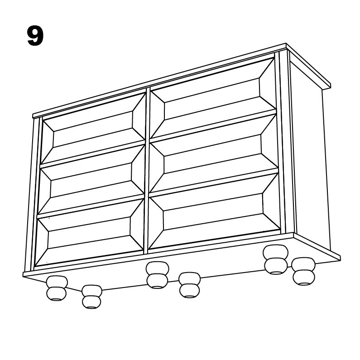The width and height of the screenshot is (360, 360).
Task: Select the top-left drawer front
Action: pos(93,129)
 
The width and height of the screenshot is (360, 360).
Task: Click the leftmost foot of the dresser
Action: pos(57,288)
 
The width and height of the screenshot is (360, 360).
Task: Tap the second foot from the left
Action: pos(92,297)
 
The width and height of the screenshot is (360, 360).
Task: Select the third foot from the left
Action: pos(157,275)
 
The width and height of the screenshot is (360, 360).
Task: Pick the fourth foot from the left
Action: pos(189,285)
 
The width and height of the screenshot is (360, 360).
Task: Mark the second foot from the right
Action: pos(276,259)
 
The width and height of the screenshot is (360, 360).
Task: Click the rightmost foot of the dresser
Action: pos(303,271)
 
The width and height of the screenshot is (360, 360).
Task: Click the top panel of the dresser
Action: pos(181,79)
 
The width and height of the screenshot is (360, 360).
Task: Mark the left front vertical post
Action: pos(32,195)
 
